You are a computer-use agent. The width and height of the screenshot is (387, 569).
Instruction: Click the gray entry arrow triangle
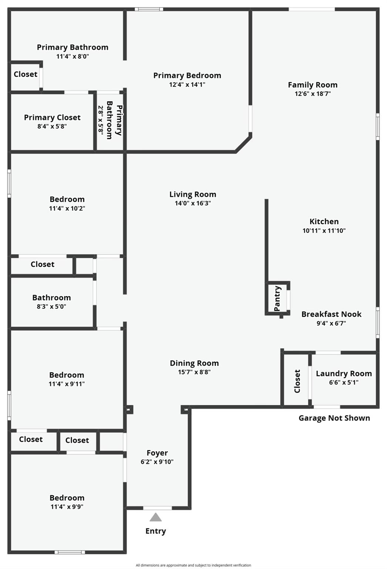(156, 517)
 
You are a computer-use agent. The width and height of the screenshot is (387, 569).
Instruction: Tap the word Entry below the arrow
(156, 531)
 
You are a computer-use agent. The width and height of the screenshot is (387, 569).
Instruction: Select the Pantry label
(277, 298)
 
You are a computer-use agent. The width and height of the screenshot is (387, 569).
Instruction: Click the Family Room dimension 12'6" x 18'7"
(313, 94)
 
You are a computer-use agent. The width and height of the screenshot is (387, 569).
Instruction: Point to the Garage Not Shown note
(334, 418)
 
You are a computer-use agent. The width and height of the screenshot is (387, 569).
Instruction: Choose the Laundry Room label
(344, 373)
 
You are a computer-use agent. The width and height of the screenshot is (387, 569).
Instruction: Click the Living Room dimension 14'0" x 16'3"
(193, 203)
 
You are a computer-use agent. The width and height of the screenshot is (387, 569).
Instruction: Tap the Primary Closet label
(52, 117)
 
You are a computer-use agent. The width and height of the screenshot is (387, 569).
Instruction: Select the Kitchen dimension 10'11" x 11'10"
(324, 230)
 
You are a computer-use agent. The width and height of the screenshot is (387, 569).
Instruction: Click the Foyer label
(157, 453)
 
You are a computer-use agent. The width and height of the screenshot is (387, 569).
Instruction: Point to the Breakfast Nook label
(332, 314)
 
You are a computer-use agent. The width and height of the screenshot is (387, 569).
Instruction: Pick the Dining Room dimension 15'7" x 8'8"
(194, 372)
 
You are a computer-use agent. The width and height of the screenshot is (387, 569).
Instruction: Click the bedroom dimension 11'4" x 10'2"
(67, 208)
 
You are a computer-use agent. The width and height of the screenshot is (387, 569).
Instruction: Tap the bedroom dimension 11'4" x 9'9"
(67, 507)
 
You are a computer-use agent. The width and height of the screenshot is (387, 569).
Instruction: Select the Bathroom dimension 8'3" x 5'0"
(51, 306)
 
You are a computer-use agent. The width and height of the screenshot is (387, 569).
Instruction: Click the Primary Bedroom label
(187, 75)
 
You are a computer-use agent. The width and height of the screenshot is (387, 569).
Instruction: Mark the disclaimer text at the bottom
(193, 565)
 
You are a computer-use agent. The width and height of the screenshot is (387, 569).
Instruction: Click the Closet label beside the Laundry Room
(297, 381)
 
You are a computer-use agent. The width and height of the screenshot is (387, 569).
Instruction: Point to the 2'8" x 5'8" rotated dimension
(101, 120)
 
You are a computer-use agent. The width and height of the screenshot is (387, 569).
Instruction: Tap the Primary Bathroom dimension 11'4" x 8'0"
(73, 56)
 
